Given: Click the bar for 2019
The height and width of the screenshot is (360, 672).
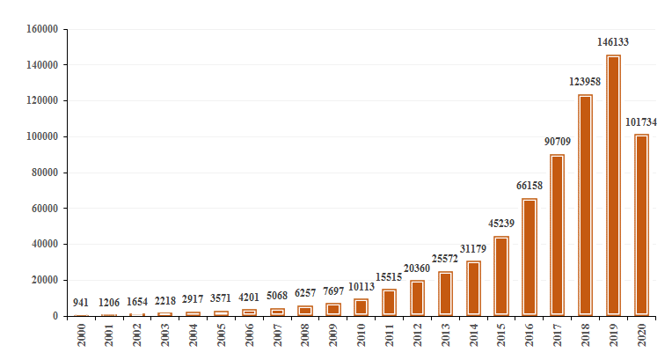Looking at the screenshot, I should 613,185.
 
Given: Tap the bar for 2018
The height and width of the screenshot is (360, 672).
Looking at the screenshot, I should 585,205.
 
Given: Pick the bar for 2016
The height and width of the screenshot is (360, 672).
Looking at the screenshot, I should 530,257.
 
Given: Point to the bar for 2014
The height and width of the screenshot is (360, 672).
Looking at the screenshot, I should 473,288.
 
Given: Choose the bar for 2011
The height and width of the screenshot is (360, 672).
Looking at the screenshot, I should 390,302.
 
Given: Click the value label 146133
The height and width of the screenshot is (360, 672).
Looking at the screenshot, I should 613,41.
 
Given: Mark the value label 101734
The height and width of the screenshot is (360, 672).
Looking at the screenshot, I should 640,121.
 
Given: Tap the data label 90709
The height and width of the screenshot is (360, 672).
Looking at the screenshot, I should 557,141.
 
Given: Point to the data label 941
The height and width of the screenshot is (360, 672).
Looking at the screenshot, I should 81,302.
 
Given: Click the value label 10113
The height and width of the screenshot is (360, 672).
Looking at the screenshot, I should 361,287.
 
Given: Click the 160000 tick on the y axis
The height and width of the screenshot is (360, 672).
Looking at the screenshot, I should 42,29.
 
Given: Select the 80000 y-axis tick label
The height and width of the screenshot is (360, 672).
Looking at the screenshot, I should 45,173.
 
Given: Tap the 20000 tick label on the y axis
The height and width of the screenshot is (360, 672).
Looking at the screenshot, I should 45,280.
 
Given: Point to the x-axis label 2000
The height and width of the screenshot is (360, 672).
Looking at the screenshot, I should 82,336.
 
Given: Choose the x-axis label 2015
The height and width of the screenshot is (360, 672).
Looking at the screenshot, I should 501,336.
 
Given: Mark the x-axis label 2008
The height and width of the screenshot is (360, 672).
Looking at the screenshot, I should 305,336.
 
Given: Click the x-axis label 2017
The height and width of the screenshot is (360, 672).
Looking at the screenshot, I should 557,336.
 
